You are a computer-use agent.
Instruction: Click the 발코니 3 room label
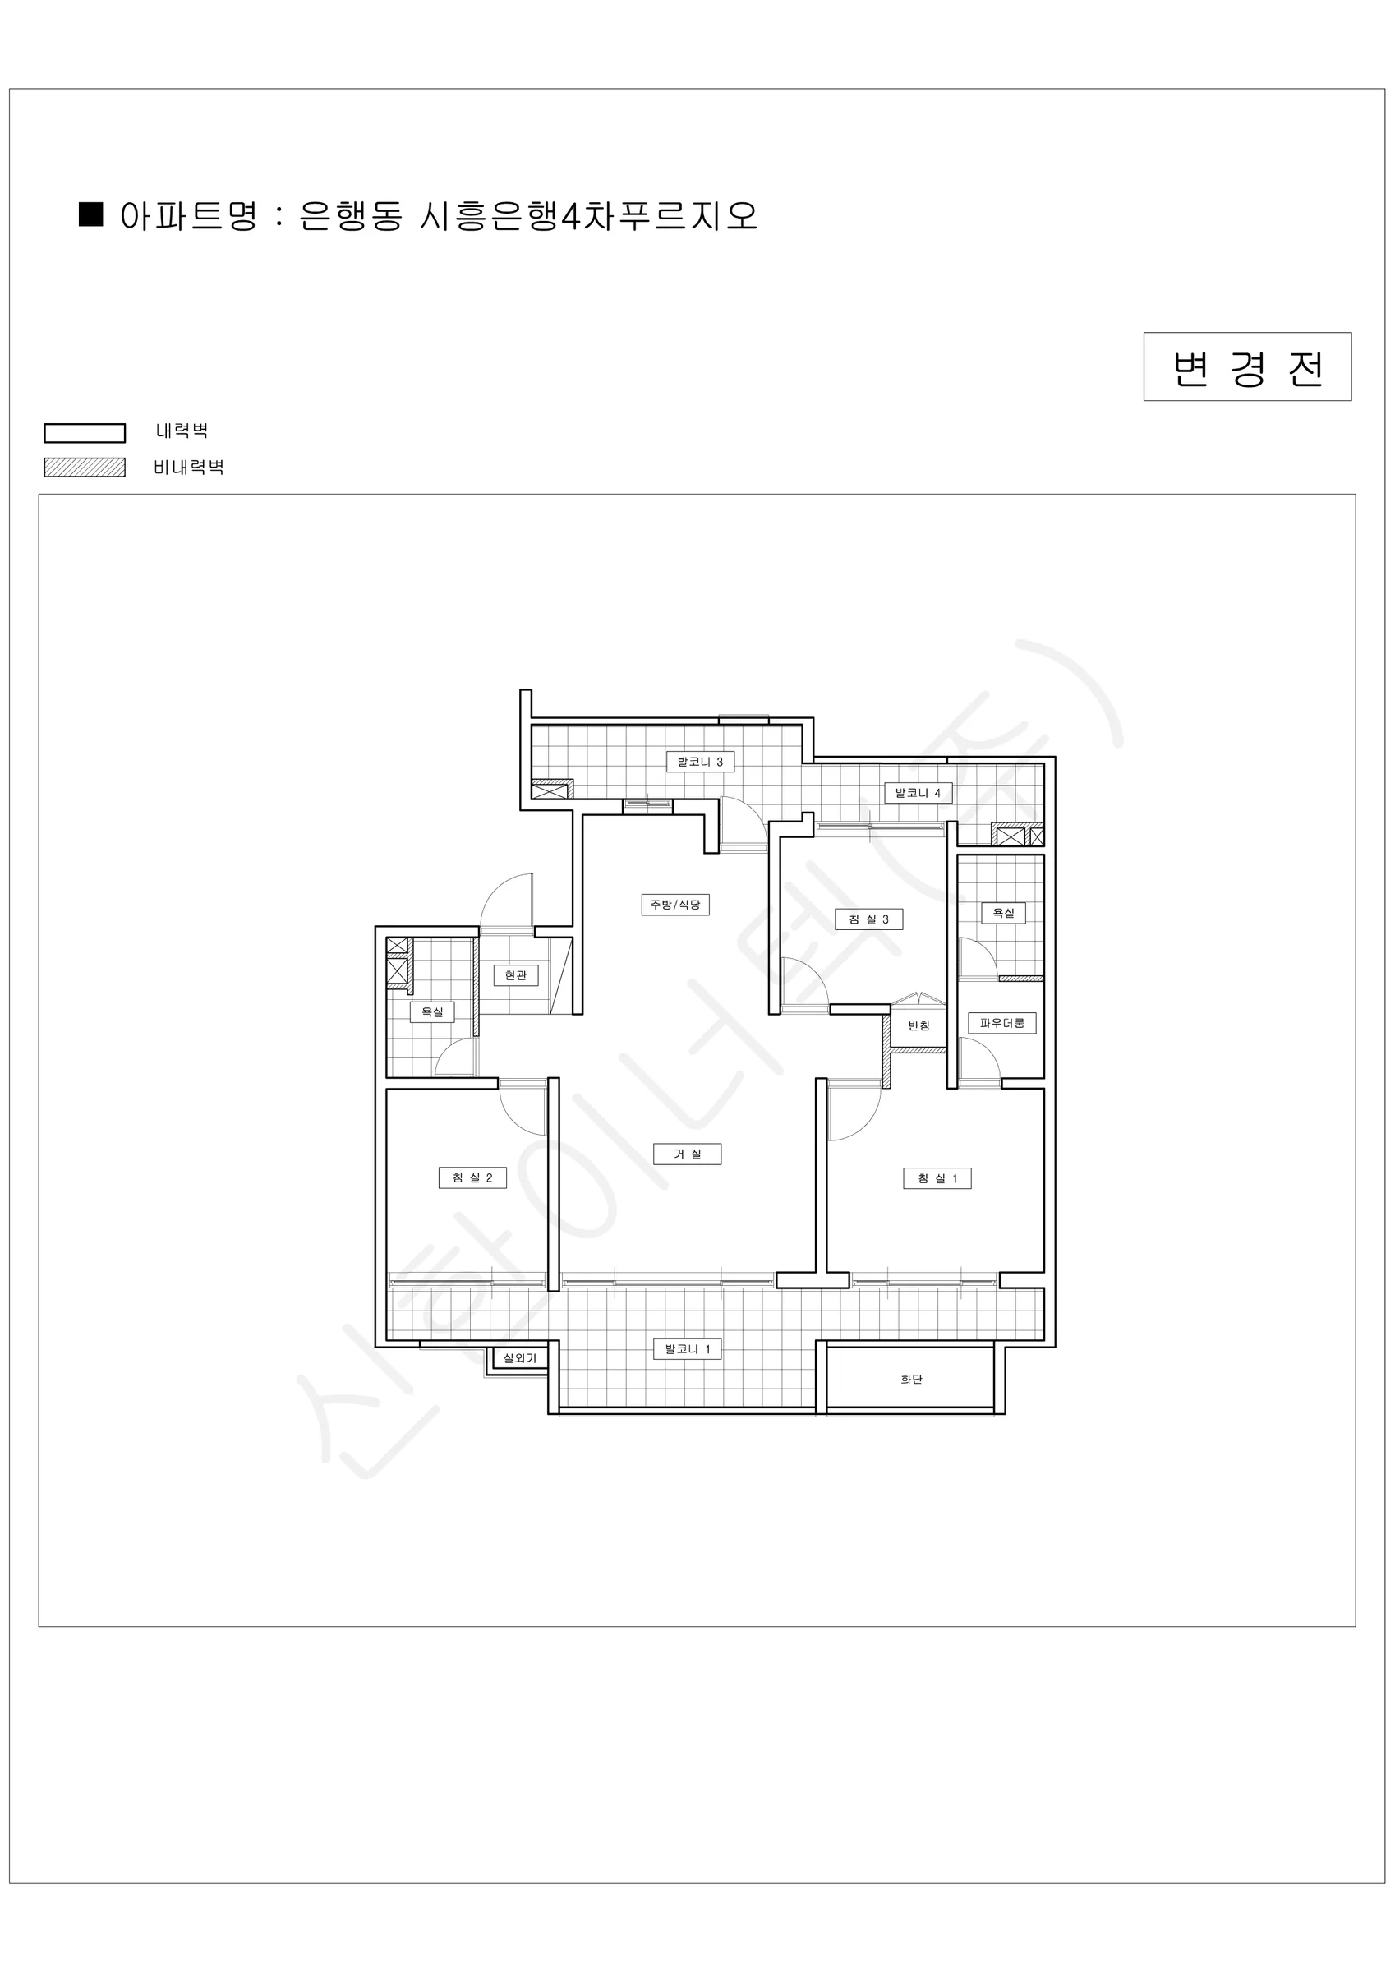point(700,761)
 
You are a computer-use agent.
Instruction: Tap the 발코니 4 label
point(918,792)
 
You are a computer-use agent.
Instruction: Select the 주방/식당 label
point(675,905)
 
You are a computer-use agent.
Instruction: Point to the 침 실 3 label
point(868,919)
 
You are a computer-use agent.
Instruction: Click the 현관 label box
point(515,974)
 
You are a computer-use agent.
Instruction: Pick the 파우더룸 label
point(1002,1023)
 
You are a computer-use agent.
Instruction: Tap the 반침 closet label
point(918,1025)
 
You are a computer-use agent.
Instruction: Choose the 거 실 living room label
point(687,1154)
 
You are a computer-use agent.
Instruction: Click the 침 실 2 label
point(472,1177)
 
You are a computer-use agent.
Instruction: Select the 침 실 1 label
point(937,1178)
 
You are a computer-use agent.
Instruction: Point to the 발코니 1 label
point(688,1349)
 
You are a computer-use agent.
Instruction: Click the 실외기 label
point(520,1358)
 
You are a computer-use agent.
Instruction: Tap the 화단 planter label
point(911,1380)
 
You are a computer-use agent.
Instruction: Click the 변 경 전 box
point(1247,366)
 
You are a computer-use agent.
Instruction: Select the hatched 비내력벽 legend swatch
point(85,468)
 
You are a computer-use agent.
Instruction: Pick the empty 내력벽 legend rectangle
point(85,433)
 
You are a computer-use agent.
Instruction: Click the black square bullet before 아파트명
point(91,214)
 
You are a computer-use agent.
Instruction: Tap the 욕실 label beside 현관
point(432,1011)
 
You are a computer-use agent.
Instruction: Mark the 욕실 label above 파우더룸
point(1003,912)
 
